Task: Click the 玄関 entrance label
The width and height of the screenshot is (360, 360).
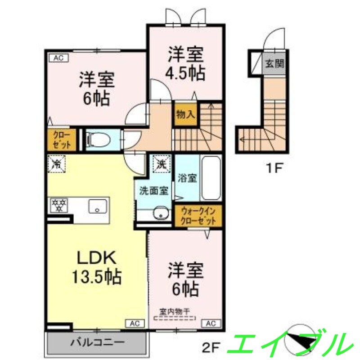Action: coord(274,63)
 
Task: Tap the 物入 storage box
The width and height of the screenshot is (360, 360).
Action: coord(185,114)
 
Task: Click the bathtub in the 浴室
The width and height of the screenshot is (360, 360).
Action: coord(210,179)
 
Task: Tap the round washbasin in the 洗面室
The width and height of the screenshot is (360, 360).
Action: coord(160,213)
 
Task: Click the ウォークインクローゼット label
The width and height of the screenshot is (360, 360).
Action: coord(198,216)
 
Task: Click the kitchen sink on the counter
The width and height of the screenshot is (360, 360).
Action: coord(97,207)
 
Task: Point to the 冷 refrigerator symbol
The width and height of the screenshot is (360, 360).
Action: coord(57,163)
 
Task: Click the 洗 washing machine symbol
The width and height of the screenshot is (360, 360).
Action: coord(161,163)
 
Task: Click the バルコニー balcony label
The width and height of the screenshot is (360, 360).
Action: coord(97,343)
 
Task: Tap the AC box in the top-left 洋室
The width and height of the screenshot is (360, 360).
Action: coord(58,58)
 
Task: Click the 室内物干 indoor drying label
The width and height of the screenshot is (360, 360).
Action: coord(175,310)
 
